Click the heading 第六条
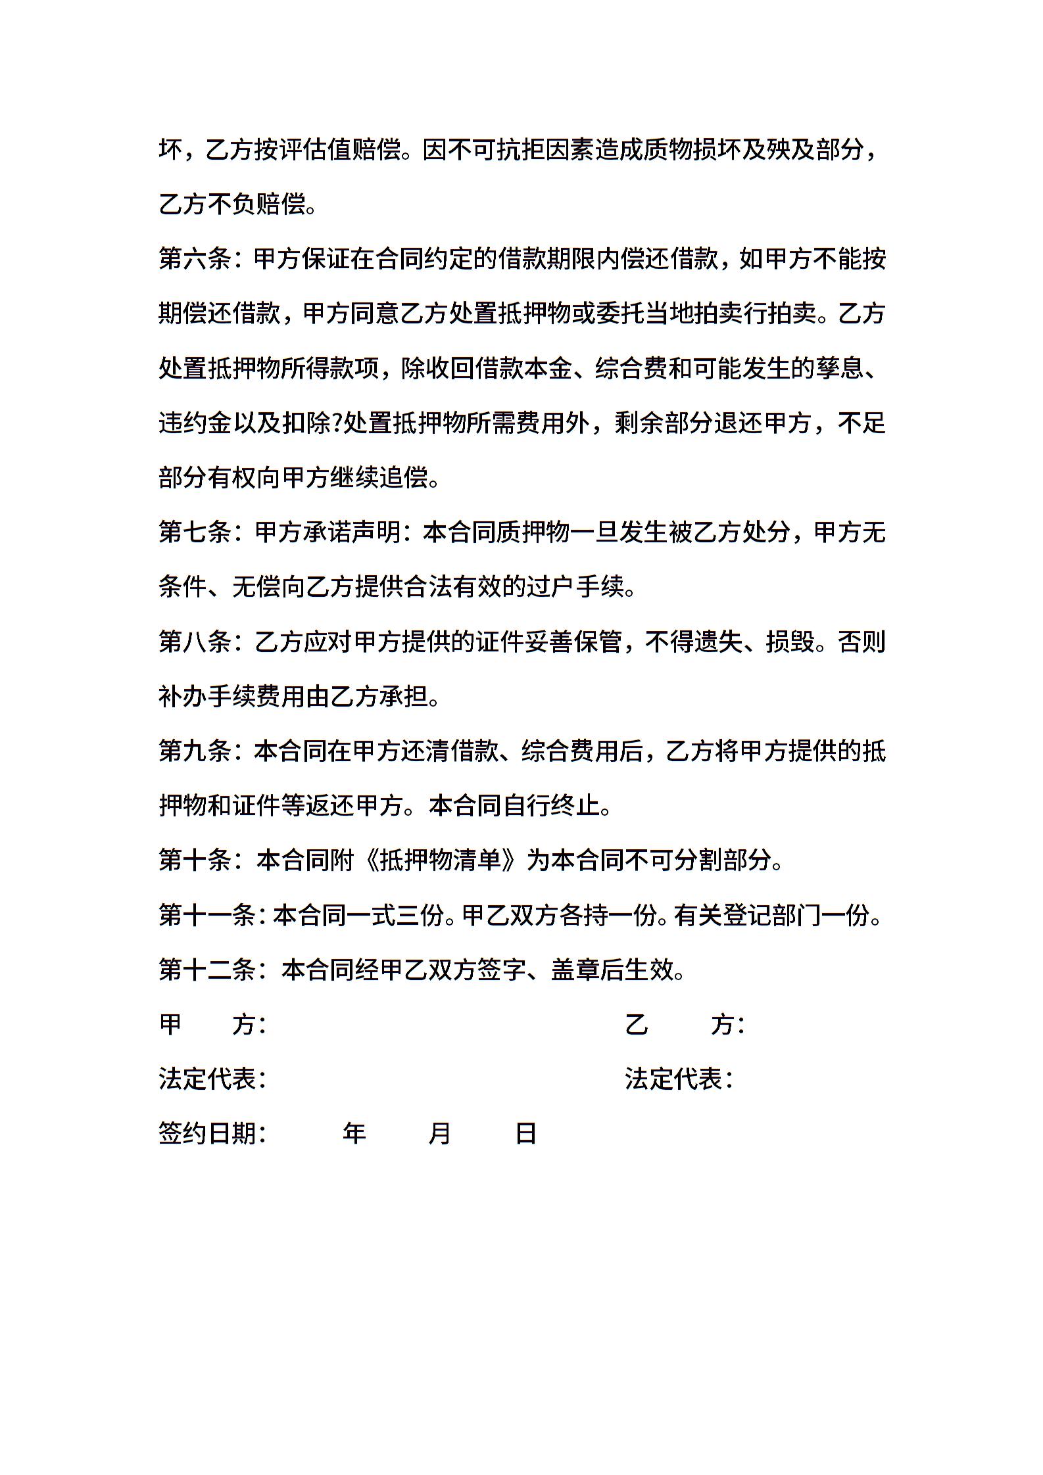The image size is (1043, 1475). (195, 259)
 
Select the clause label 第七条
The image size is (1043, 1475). (195, 532)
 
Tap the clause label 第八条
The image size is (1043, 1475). (195, 641)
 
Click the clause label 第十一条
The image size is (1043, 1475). (207, 914)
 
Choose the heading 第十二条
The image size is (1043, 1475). (207, 969)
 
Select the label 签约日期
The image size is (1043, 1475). (207, 1133)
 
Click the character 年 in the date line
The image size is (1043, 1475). (354, 1133)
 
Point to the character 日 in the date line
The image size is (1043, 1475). (525, 1133)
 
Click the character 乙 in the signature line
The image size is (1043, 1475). (636, 1023)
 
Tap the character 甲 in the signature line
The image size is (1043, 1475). (171, 1023)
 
